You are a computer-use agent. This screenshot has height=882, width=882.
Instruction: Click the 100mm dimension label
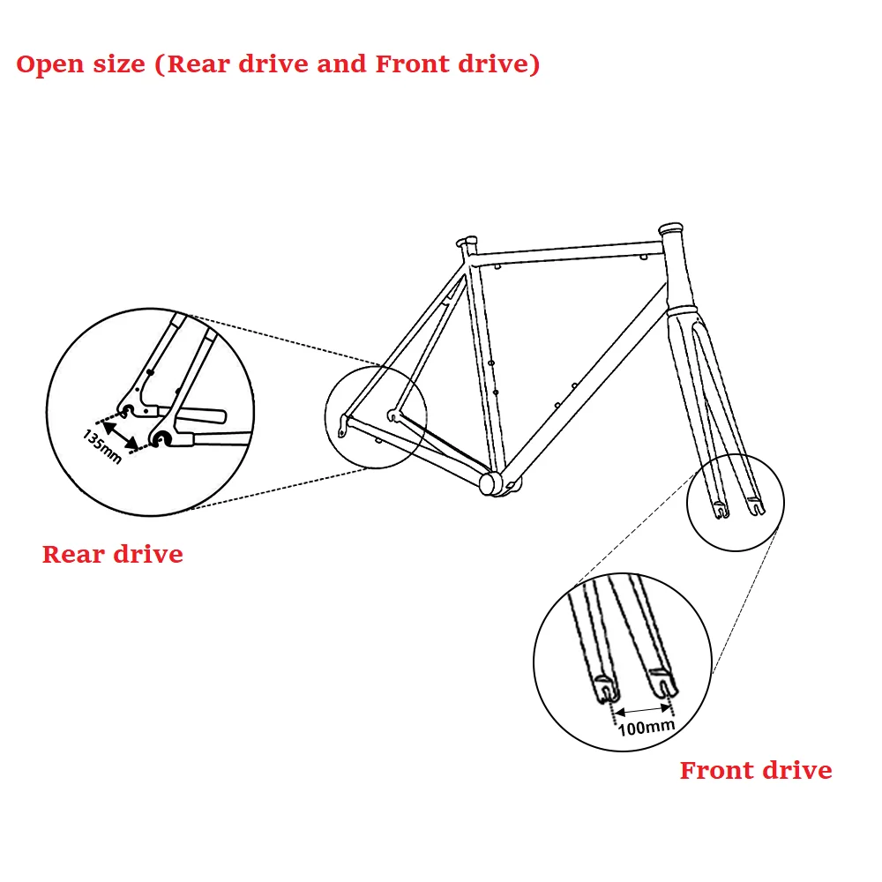coord(646,726)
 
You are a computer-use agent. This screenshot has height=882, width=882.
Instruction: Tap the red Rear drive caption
coord(113,554)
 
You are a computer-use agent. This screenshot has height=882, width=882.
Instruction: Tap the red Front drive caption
coord(756,770)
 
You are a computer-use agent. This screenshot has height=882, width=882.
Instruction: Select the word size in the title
coord(119,65)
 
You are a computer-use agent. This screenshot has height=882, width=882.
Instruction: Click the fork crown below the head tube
coord(685,311)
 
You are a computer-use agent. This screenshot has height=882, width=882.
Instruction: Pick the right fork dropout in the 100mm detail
coord(663,681)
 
